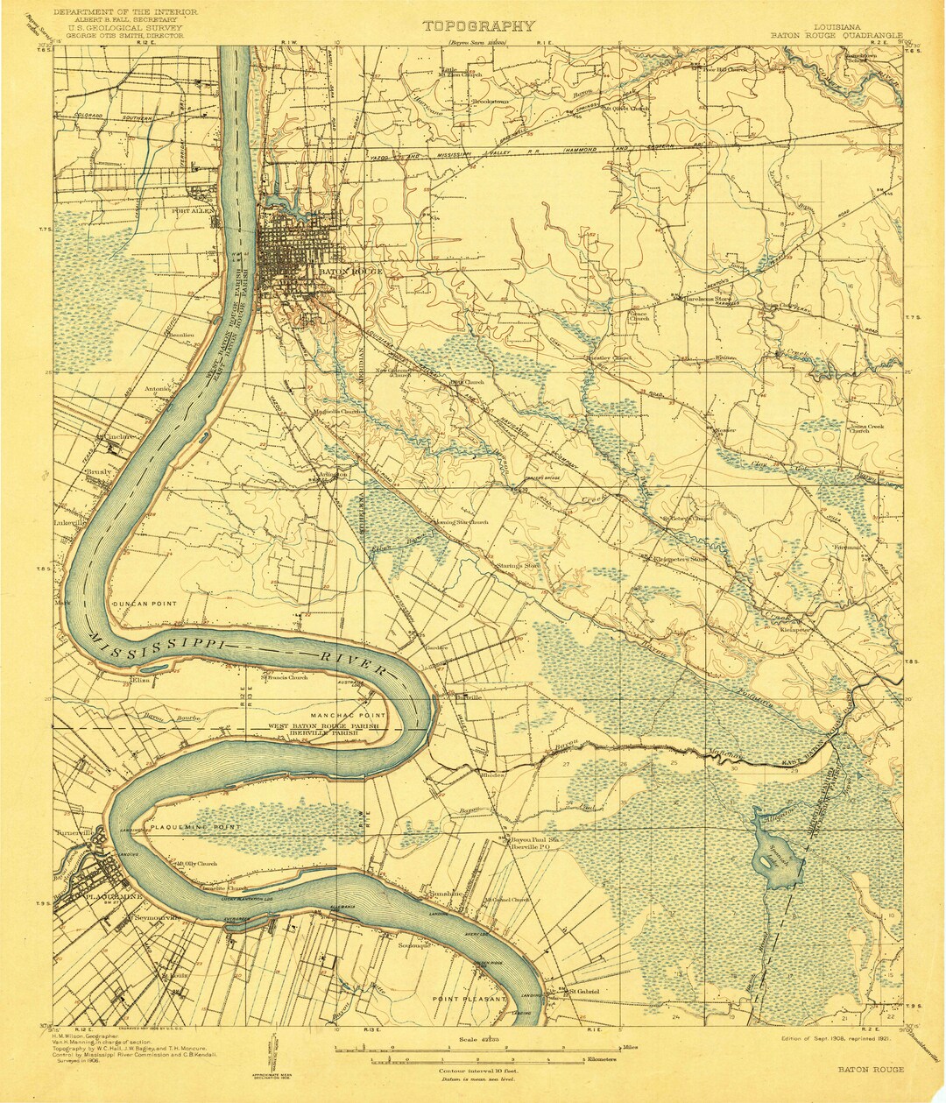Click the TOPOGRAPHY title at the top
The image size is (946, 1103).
(478, 26)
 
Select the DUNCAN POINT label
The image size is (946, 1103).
(143, 604)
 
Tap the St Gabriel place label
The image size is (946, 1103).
(583, 992)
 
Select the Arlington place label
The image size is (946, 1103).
(331, 474)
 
